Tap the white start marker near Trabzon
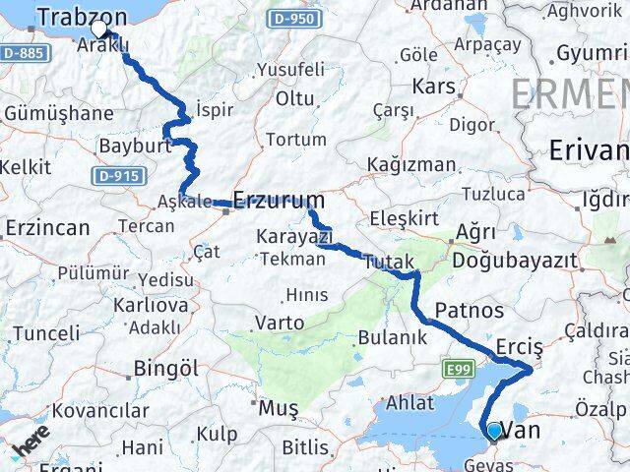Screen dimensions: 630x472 (x=99, y=29)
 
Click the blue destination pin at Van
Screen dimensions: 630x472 (x=493, y=430)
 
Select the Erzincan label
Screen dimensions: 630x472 (x=47, y=228)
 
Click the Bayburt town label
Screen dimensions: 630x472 (x=130, y=147)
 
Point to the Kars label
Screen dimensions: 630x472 (x=434, y=87)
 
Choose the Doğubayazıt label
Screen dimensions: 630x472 (x=514, y=262)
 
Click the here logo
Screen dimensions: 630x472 (x=31, y=449)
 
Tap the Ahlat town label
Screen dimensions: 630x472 (x=409, y=403)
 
